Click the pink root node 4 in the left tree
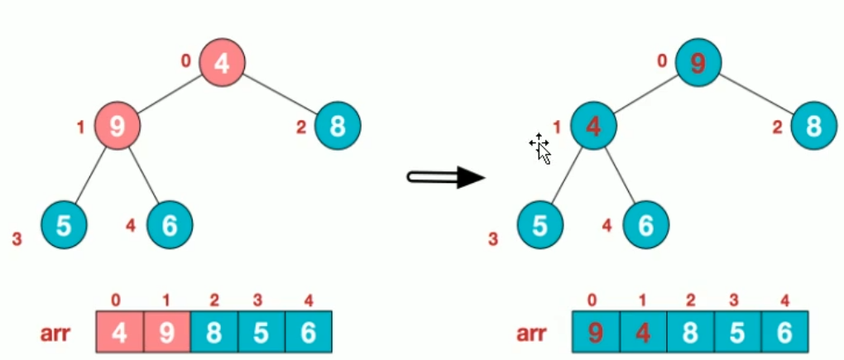click(x=222, y=62)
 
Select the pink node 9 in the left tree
click(x=117, y=126)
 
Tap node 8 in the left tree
click(x=338, y=126)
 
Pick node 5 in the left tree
click(x=64, y=224)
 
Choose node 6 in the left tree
click(x=170, y=224)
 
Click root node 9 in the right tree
click(x=698, y=62)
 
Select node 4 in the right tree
click(x=592, y=126)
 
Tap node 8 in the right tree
click(x=814, y=126)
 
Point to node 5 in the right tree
click(x=540, y=224)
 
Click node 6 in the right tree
click(x=645, y=224)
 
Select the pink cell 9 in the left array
click(x=166, y=334)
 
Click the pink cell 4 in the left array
click(x=119, y=334)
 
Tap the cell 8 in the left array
click(x=213, y=334)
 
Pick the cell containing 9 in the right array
click(x=596, y=334)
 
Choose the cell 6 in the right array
click(x=784, y=334)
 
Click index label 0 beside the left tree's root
click(x=187, y=60)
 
